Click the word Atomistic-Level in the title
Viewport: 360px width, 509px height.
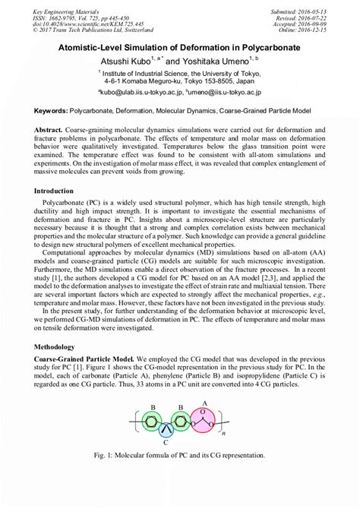(96, 47)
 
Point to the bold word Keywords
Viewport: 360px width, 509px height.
(55, 110)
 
